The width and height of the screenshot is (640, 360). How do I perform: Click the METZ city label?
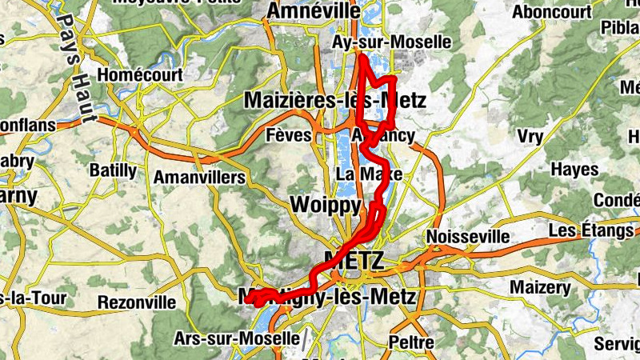(354, 260)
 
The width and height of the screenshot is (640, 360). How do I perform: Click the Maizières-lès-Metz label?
(334, 101)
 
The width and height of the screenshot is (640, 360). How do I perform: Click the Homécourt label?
(139, 76)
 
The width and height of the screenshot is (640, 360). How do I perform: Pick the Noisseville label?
(468, 237)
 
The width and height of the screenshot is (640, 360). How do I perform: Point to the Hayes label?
(574, 170)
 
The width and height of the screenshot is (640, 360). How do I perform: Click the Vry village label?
(530, 136)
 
